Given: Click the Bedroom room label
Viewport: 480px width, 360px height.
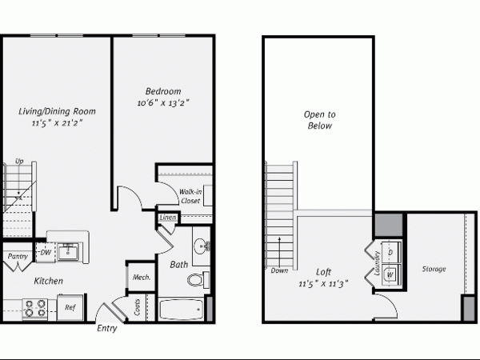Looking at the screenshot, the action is coord(163,91).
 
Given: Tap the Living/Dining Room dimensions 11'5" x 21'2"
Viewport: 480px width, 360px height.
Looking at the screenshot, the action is coord(58,123).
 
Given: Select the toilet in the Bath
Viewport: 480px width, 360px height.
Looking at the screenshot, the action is coord(198,279).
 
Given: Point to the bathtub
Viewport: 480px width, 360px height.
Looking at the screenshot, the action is coord(181,310).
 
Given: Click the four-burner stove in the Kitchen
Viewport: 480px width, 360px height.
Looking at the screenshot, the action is coord(35,309).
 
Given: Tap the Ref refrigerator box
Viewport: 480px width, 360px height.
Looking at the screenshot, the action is coord(70,307).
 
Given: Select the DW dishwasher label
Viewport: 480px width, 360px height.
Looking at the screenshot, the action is coord(46,253).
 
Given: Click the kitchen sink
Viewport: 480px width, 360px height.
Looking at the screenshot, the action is coord(68,252).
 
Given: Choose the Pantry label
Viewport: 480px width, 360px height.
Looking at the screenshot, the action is coord(18,256).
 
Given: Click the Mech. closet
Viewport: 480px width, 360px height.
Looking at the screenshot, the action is coord(142,278).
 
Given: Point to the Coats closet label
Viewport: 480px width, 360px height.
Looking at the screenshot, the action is coord(137,307).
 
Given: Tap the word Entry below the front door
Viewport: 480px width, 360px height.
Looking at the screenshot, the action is coord(107,329).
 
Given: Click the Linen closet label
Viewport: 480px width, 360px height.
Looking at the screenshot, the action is coord(168,218).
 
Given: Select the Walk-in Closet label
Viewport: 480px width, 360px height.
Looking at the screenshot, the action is coord(190,196).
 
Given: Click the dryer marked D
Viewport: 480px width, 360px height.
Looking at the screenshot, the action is coord(391,252).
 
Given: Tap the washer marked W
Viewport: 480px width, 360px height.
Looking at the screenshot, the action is coord(391,274).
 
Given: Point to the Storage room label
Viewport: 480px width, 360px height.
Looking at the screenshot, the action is coord(434,269).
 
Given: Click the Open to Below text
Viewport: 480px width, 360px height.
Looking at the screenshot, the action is coord(319,120).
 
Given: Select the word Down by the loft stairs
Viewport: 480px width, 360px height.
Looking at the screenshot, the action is coord(279,270).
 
